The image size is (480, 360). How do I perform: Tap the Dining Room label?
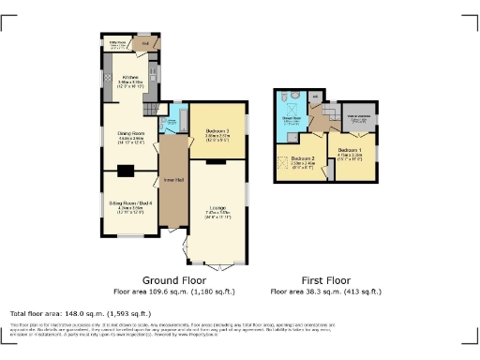tap(129, 133)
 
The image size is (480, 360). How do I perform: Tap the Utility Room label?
tap(118, 42)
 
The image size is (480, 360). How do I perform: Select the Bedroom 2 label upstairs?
tap(302, 159)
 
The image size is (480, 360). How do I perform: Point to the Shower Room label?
tap(291, 118)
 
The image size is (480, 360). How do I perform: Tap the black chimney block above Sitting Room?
tap(125, 171)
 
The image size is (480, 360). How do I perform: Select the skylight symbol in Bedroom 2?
tap(285, 172)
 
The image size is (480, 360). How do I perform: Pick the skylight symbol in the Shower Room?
tap(291, 130)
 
